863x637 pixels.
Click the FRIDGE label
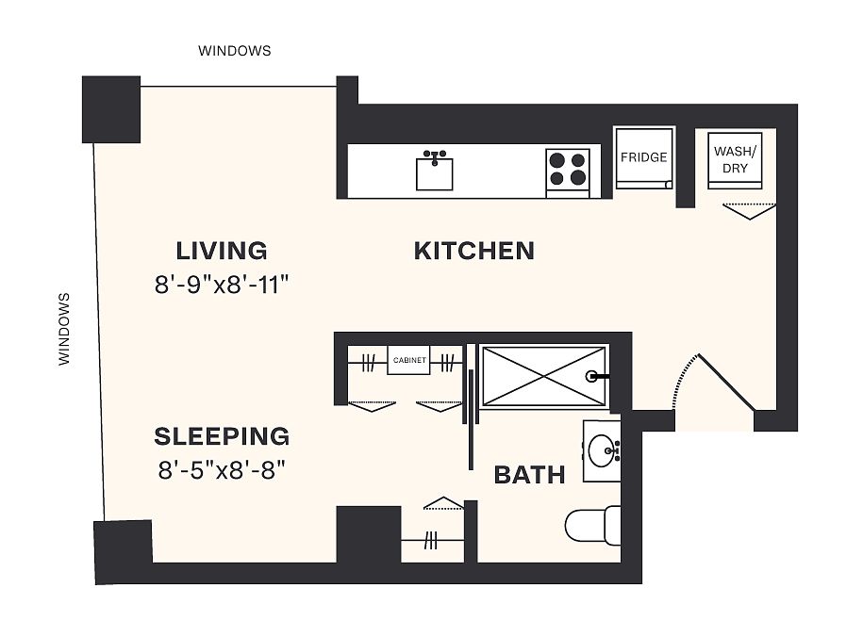pos(643,157)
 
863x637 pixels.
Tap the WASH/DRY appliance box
pos(735,160)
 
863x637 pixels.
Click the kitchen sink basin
pos(434,173)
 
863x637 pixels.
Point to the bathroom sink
pos(603,450)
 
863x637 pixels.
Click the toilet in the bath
pos(592,525)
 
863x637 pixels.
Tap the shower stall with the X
pos(544,376)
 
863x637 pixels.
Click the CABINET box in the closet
pos(409,360)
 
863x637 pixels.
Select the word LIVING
pos(222,251)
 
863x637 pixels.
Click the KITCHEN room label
pos(473,251)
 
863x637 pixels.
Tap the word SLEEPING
pos(222,436)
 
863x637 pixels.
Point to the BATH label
pos(529,475)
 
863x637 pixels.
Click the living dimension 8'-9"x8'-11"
pos(222,285)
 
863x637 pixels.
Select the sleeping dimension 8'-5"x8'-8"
pos(222,470)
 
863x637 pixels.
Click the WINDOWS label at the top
pos(235,51)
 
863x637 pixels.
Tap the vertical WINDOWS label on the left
pos(64,329)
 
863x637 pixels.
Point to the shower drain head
pos(591,377)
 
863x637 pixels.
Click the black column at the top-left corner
pos(111,109)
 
